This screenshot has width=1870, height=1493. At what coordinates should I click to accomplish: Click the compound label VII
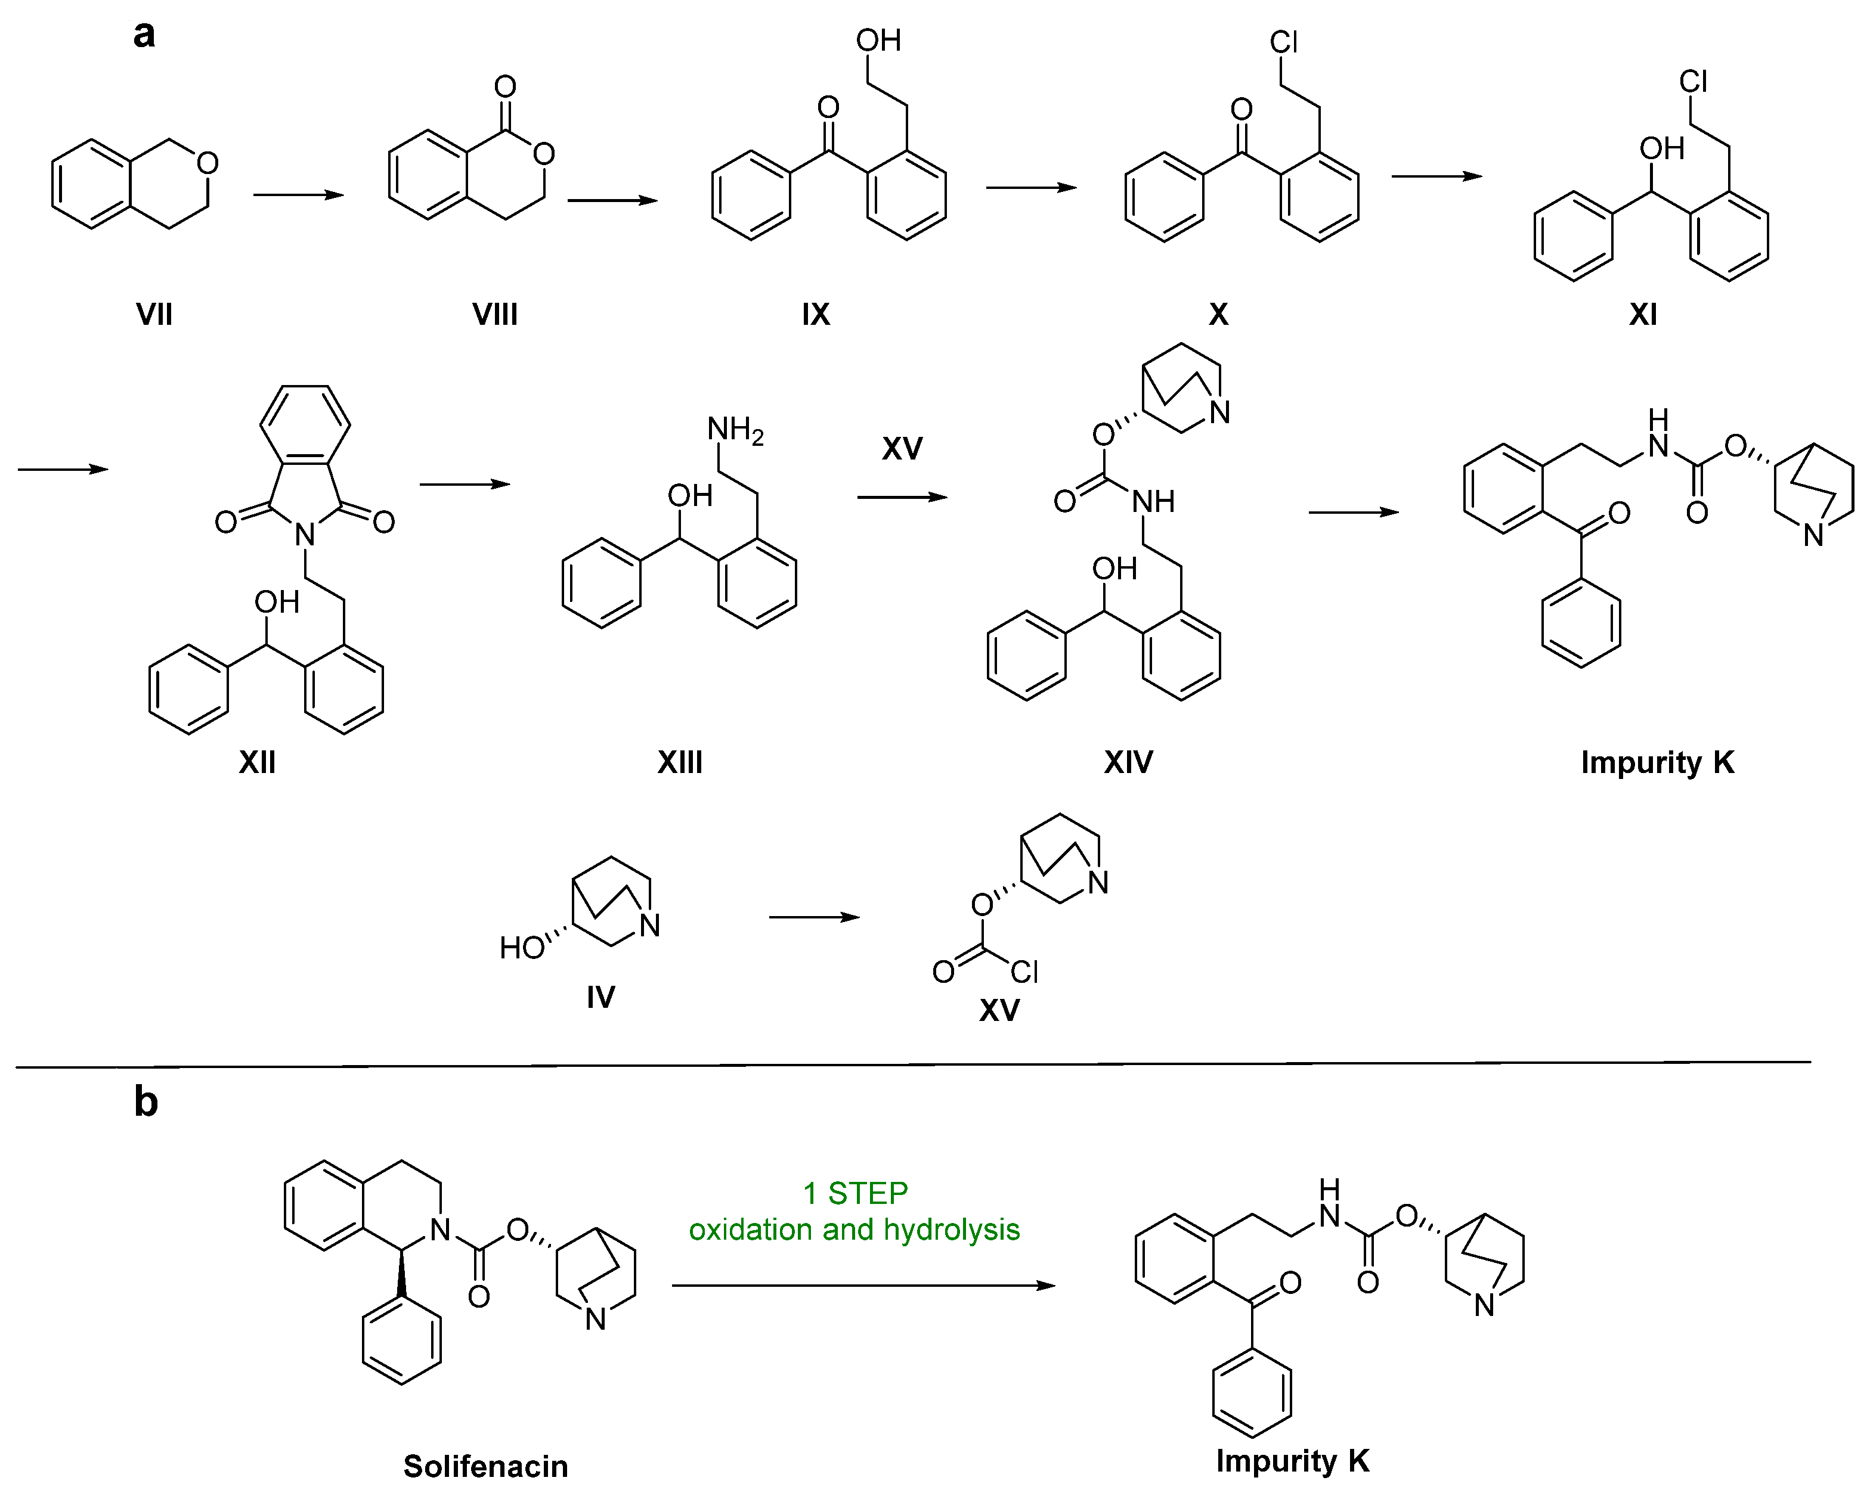point(154,314)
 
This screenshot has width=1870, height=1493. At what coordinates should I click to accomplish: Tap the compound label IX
point(815,314)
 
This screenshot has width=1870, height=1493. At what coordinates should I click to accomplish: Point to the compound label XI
point(1643,314)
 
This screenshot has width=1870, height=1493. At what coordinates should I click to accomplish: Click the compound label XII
point(258,762)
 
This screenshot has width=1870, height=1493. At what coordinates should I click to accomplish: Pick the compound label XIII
point(680,762)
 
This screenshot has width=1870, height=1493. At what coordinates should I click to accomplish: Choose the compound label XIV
point(1128,762)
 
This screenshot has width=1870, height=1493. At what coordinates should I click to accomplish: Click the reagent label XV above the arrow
point(902,448)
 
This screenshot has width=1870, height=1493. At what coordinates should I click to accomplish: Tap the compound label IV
point(600,997)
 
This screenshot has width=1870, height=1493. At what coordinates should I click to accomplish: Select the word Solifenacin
point(486,1466)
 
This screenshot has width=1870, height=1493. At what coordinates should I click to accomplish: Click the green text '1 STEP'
point(855,1193)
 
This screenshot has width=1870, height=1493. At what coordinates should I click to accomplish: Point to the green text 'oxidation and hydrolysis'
point(854,1230)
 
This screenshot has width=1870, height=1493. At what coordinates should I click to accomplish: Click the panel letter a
point(144,35)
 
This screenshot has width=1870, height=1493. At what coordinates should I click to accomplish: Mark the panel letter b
point(145,1102)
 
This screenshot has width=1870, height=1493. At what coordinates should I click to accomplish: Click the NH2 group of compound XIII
point(735,429)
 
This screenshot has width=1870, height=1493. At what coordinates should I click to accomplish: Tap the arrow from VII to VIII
point(298,195)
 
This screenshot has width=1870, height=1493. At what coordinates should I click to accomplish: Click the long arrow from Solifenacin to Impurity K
point(863,1285)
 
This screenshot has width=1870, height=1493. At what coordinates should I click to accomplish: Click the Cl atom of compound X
point(1284,42)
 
